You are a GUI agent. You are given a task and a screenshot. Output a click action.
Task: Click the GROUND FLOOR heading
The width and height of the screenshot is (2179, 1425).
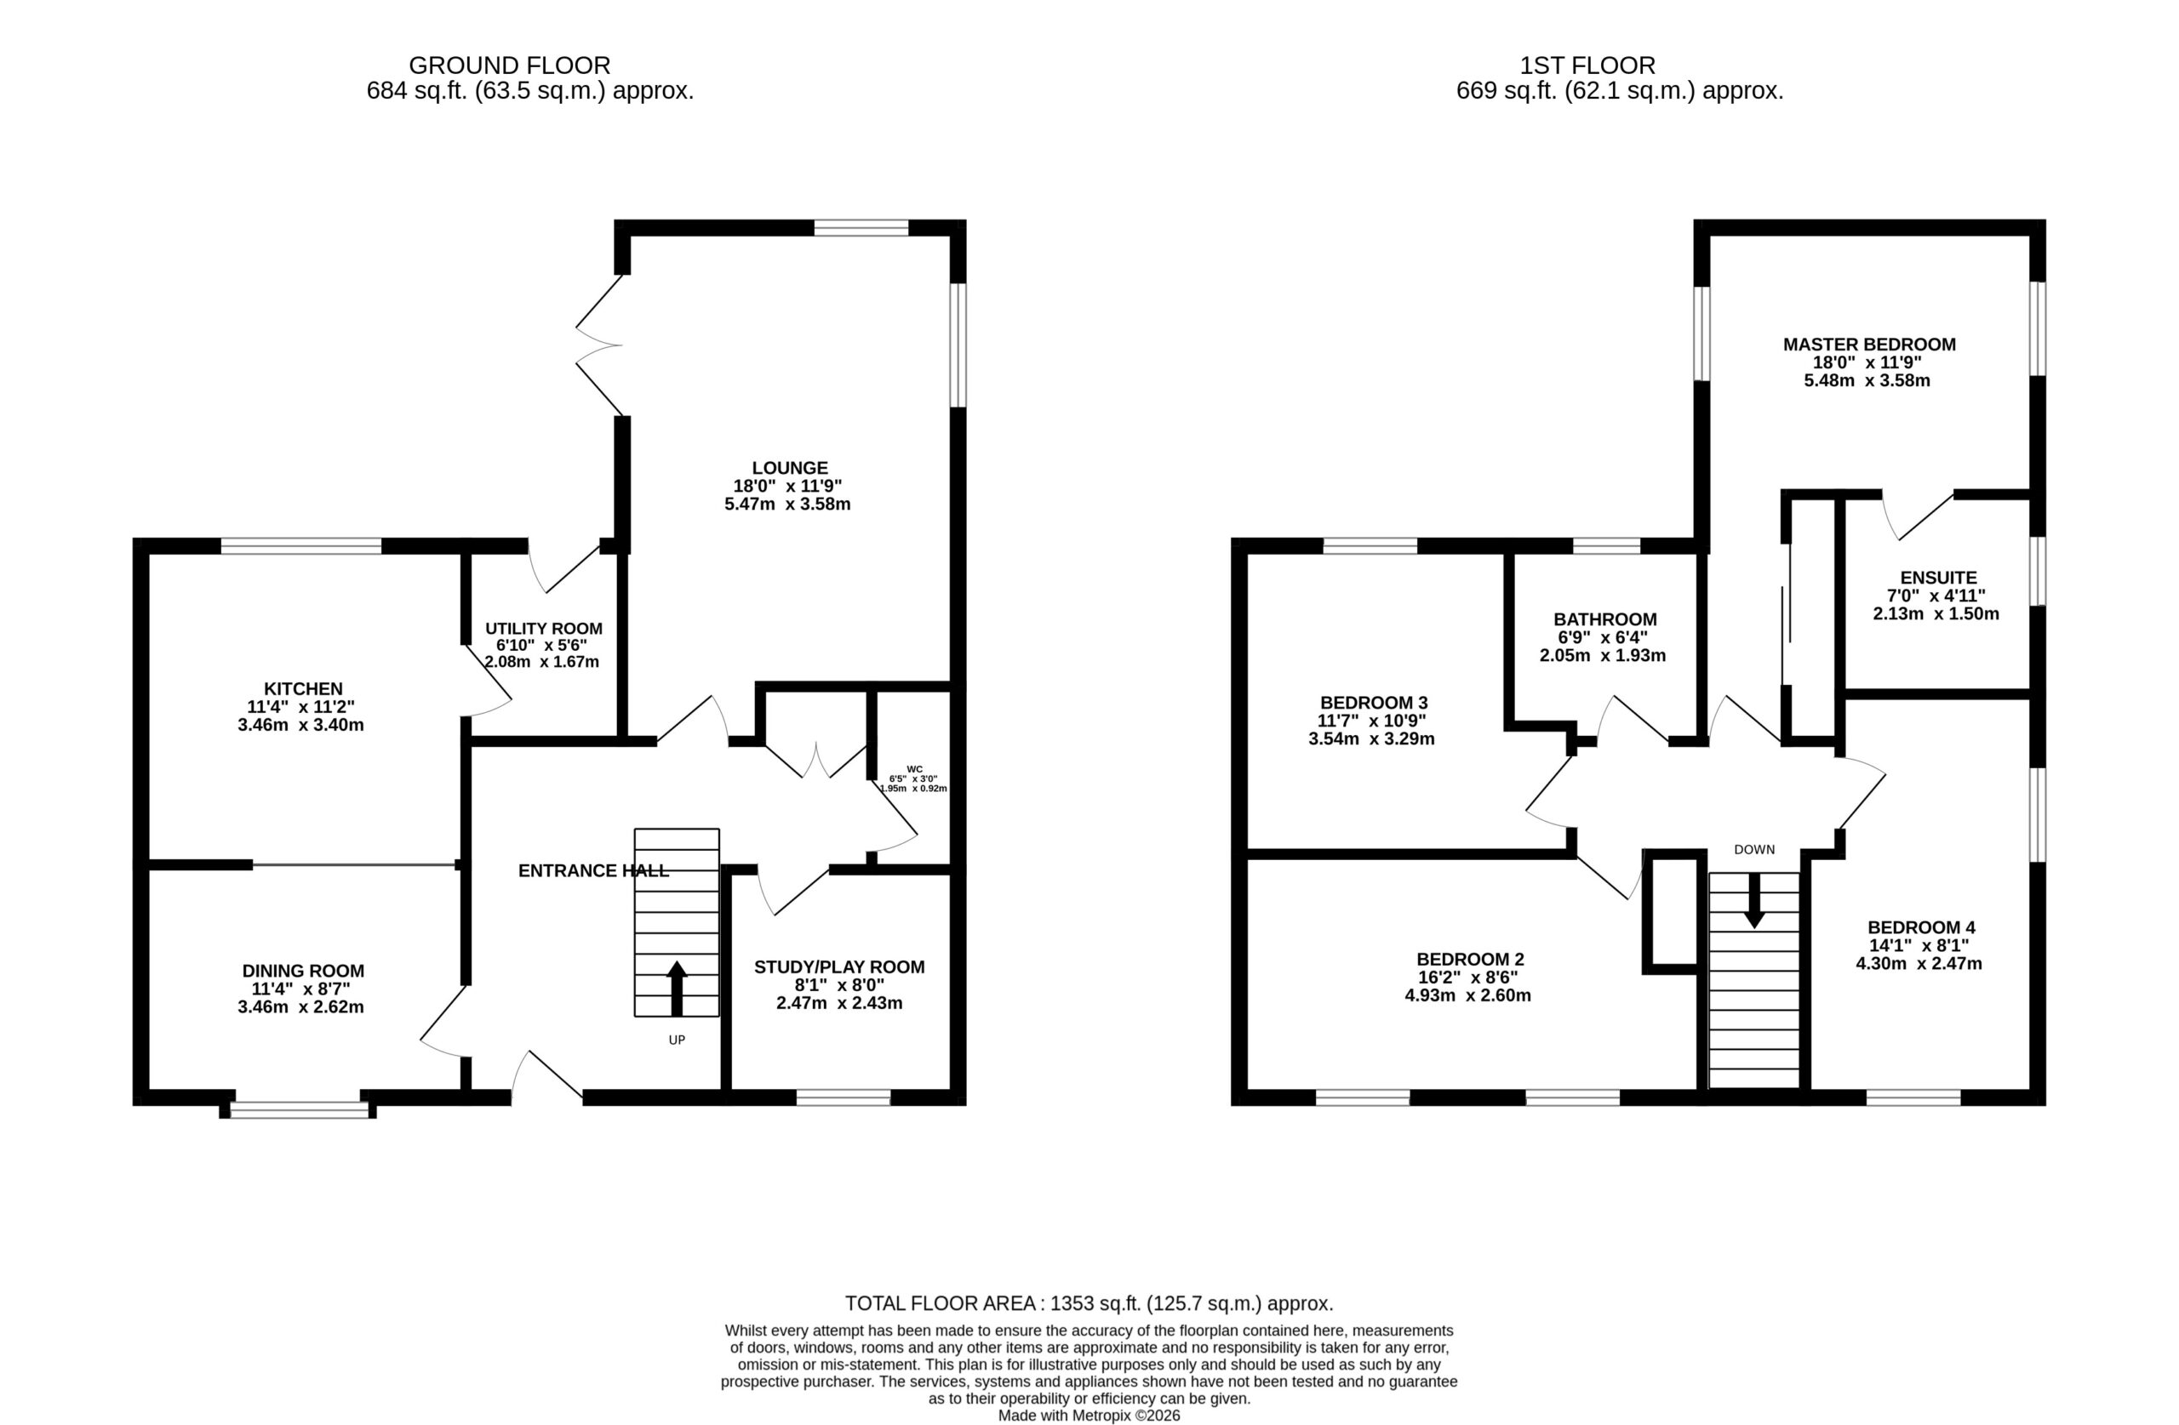pyautogui.click(x=509, y=66)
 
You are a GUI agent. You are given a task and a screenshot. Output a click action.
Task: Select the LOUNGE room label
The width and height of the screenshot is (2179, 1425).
pyautogui.click(x=789, y=468)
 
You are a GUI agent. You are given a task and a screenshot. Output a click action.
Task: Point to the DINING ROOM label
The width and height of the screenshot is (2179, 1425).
pyautogui.click(x=303, y=970)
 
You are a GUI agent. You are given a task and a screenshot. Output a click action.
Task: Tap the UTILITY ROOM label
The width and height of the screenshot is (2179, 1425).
pyautogui.click(x=544, y=629)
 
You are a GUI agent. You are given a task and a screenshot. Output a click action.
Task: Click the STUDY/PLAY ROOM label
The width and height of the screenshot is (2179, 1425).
pyautogui.click(x=839, y=966)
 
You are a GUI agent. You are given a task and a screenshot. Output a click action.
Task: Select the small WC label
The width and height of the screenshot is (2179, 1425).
pyautogui.click(x=913, y=769)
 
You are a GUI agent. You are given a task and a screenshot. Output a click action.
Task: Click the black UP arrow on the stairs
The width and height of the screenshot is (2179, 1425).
pyautogui.click(x=677, y=988)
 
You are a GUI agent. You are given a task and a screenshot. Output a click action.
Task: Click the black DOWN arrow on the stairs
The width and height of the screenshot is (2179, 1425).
pyautogui.click(x=1754, y=901)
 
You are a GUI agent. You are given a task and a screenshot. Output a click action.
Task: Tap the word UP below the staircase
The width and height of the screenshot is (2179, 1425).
pyautogui.click(x=677, y=1040)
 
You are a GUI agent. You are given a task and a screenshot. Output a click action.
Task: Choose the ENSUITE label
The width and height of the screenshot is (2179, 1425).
pyautogui.click(x=1938, y=578)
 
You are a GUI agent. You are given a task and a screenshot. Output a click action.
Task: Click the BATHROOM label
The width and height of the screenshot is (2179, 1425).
pyautogui.click(x=1605, y=619)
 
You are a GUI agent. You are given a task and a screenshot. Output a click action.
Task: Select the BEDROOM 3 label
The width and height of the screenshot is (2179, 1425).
pyautogui.click(x=1373, y=703)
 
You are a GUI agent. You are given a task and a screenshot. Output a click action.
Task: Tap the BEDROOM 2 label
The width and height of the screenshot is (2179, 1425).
pyautogui.click(x=1470, y=959)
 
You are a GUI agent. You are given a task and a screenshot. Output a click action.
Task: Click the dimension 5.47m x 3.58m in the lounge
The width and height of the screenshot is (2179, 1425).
pyautogui.click(x=787, y=504)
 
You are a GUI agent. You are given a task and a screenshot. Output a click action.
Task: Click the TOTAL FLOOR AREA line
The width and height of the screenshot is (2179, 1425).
pyautogui.click(x=1089, y=1303)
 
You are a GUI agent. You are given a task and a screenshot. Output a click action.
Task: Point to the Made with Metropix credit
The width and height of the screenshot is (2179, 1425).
pyautogui.click(x=1089, y=1416)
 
